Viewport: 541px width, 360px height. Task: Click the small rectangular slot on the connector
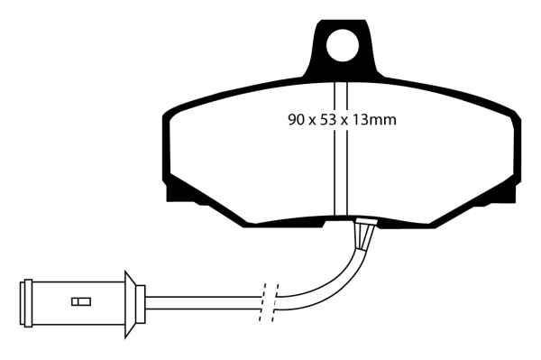point(81,301)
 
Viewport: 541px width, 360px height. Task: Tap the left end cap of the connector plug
point(26,301)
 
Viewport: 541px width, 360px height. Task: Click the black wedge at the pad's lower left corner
point(185,190)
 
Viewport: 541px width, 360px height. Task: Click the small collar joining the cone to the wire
point(142,301)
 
